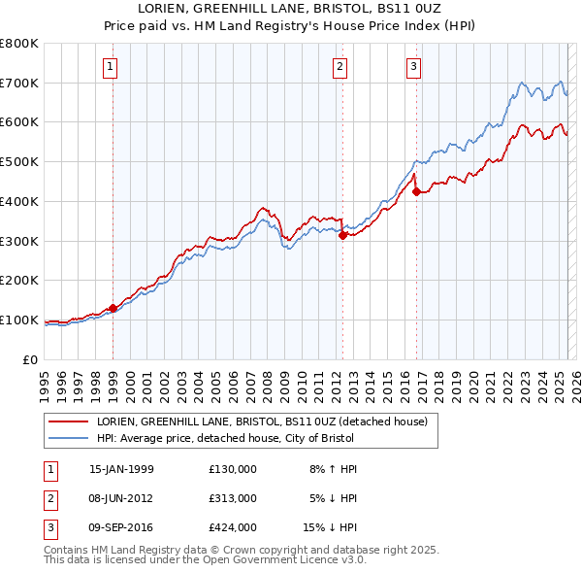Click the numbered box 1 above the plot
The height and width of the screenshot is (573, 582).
(x=113, y=67)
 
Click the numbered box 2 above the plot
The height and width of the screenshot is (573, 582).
(x=340, y=67)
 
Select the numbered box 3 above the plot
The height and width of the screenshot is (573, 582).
(x=414, y=67)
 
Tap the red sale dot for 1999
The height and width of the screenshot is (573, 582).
(x=113, y=308)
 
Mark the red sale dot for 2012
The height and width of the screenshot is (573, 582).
(x=342, y=234)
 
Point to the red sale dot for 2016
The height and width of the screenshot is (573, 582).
(x=416, y=191)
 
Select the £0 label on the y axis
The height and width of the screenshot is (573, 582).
(x=30, y=359)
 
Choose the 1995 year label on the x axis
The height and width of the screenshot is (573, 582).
(x=45, y=383)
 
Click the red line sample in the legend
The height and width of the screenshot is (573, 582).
(x=68, y=422)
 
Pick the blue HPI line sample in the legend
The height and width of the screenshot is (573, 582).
(x=68, y=439)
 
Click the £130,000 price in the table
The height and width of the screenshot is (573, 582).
(x=233, y=469)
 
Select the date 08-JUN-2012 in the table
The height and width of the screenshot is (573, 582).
(x=121, y=498)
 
